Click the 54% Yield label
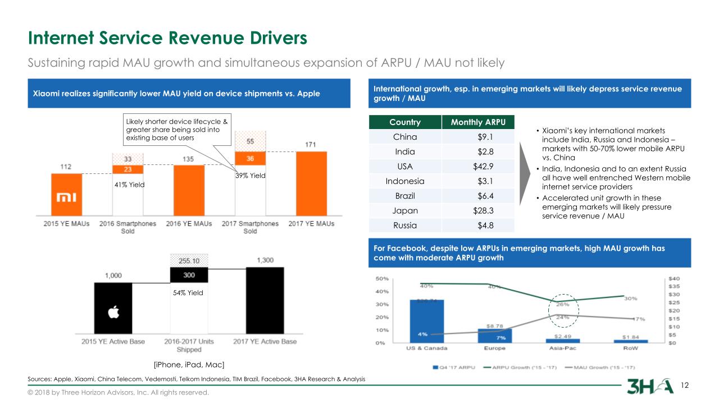(188, 293)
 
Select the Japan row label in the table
(404, 210)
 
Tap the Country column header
(404, 123)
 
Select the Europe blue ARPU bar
(494, 335)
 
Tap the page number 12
(684, 385)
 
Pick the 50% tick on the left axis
(380, 278)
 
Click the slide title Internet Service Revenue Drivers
(168, 38)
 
